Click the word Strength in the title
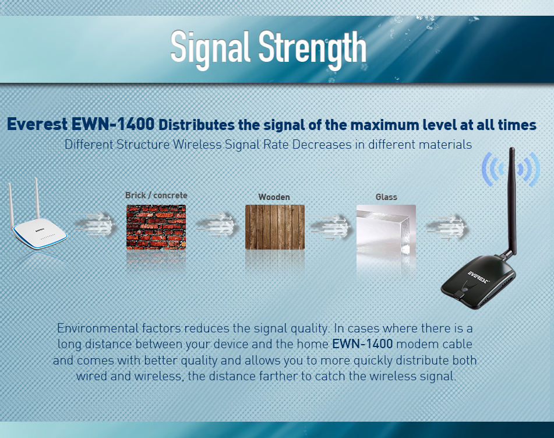click(x=312, y=49)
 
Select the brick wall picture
click(x=156, y=227)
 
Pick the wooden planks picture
click(x=275, y=227)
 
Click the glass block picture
click(x=386, y=233)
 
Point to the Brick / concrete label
click(x=156, y=195)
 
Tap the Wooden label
click(x=274, y=197)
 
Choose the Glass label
click(x=386, y=197)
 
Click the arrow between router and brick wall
click(x=96, y=225)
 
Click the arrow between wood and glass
click(x=331, y=226)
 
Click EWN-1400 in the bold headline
click(x=113, y=124)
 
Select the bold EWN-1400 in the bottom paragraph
click(x=362, y=344)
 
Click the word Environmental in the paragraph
click(x=98, y=328)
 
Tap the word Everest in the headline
click(x=37, y=124)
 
